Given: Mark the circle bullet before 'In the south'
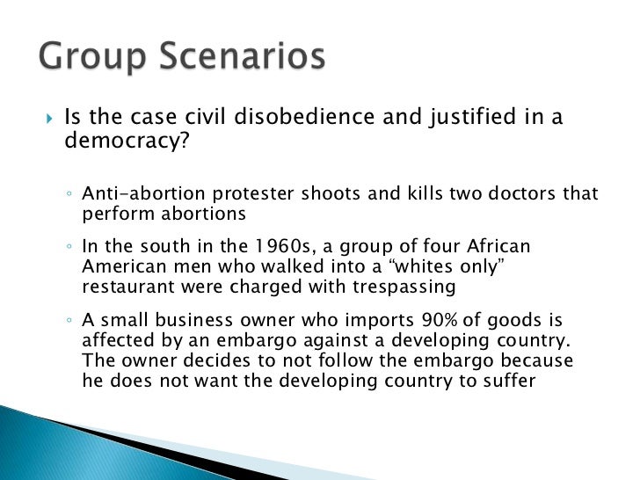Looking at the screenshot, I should click(x=69, y=249).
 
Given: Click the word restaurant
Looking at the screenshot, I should click(x=126, y=287).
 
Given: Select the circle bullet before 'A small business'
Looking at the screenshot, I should click(x=69, y=323).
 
